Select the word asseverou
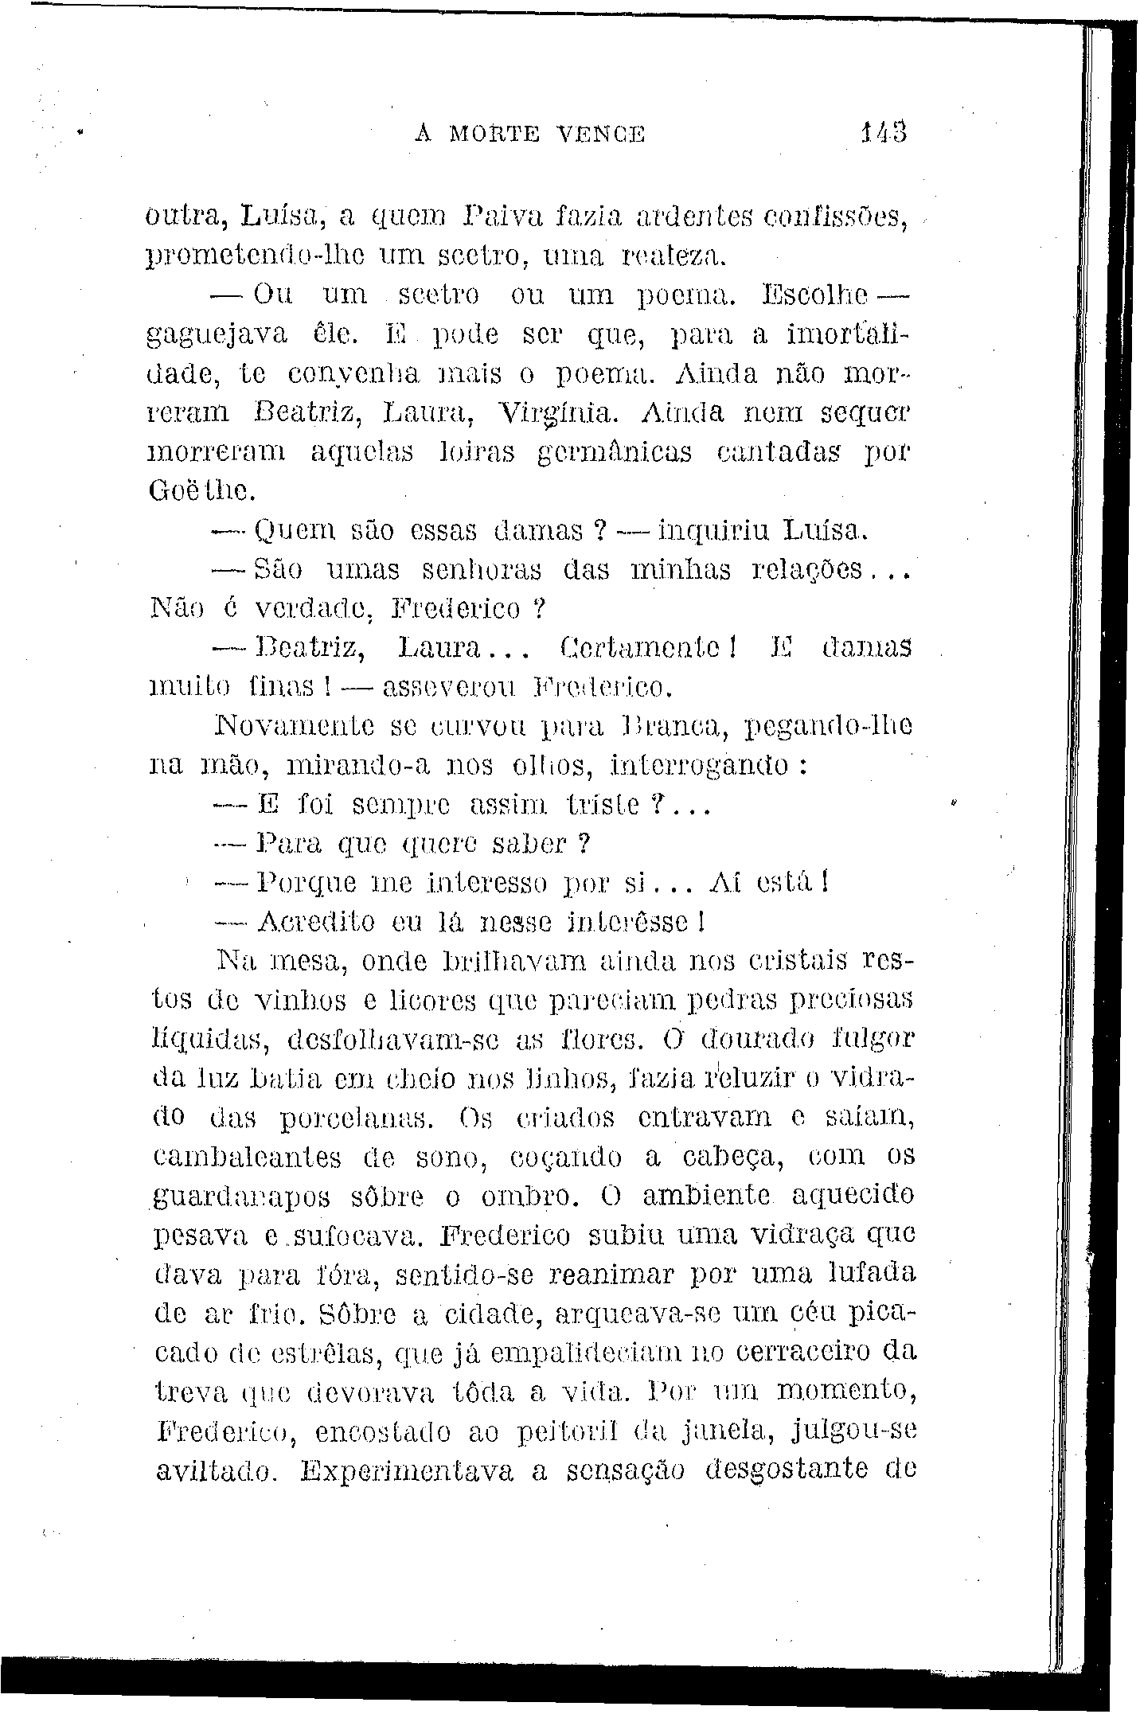pyautogui.click(x=450, y=686)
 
